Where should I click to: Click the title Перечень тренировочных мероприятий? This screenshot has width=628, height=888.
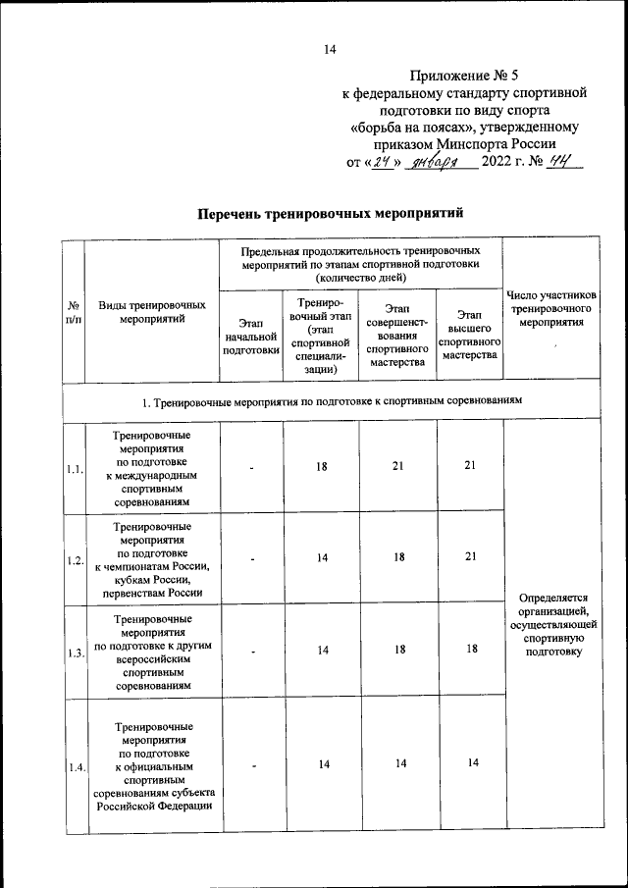point(329,213)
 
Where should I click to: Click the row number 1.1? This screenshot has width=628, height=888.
point(75,468)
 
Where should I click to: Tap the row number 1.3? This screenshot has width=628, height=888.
point(75,653)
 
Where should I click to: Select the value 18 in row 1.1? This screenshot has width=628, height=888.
point(321,467)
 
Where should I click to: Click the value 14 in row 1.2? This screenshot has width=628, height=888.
point(321,557)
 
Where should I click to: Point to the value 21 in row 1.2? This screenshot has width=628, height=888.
point(471,557)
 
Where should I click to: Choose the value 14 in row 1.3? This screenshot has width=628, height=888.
point(321,650)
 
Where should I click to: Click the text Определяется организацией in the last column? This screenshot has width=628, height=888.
point(550,603)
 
